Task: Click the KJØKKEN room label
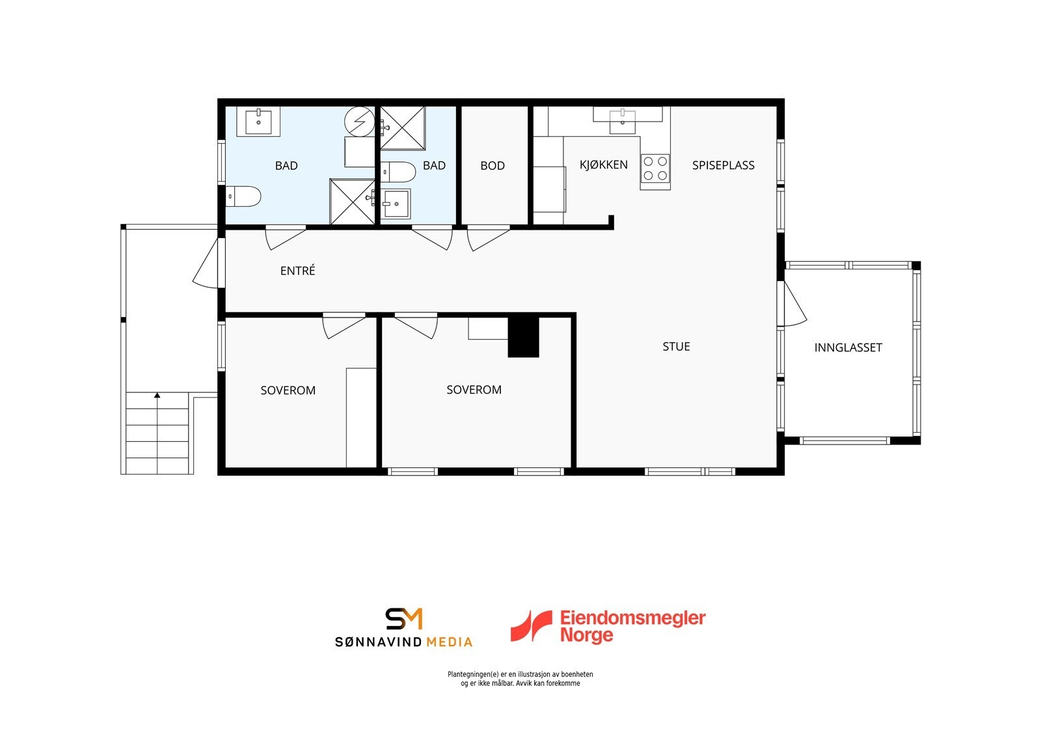pyautogui.click(x=603, y=165)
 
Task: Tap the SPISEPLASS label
pyautogui.click(x=723, y=165)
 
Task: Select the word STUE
pyautogui.click(x=676, y=347)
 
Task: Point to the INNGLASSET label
pyautogui.click(x=848, y=348)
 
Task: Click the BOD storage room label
pyautogui.click(x=493, y=166)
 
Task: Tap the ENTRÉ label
pyautogui.click(x=297, y=271)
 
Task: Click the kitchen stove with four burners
pyautogui.click(x=655, y=169)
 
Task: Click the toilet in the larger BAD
pyautogui.click(x=244, y=196)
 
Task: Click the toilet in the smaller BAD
pyautogui.click(x=398, y=172)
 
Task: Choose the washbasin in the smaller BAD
pyautogui.click(x=396, y=204)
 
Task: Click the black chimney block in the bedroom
pyautogui.click(x=523, y=336)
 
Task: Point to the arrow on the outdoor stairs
pyautogui.click(x=157, y=395)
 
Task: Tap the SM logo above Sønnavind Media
pyautogui.click(x=404, y=619)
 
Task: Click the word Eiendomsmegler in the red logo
pyautogui.click(x=632, y=618)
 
